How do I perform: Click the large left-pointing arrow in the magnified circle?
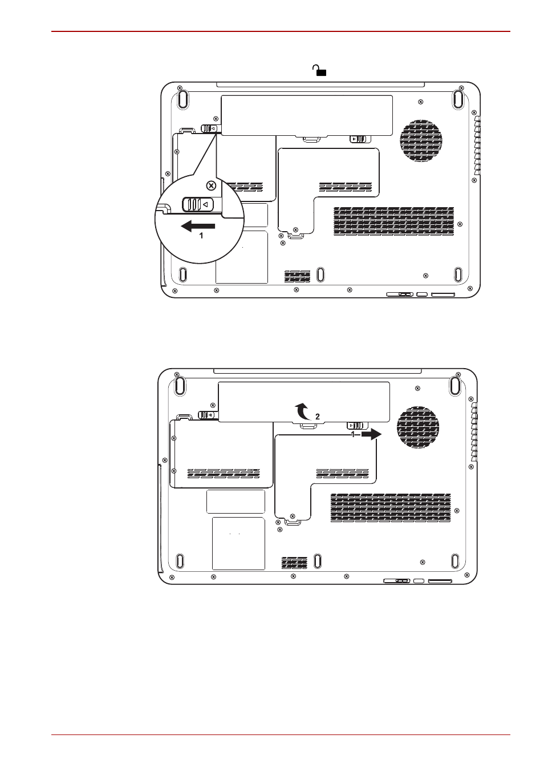pos(198,226)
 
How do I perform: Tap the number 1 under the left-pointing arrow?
pos(201,236)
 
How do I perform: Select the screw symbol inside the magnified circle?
pos(211,186)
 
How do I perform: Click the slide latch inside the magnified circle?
pos(198,204)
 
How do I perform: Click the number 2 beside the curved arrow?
pos(318,417)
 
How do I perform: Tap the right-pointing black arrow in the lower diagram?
pos(371,435)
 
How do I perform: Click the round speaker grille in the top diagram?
pos(421,141)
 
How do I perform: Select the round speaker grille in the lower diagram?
pos(418,427)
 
